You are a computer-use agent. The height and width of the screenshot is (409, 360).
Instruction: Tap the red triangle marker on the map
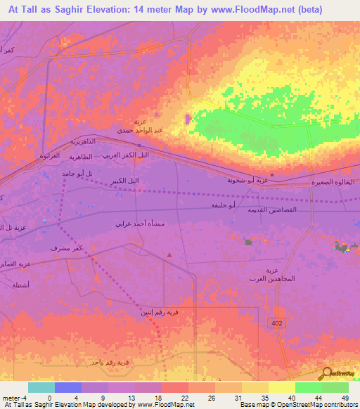point(169,255)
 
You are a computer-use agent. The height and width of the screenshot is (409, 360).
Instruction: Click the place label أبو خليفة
point(223,205)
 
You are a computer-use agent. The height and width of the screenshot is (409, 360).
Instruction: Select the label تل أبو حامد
point(78,173)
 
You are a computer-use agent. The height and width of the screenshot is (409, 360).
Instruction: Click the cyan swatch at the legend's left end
point(41,387)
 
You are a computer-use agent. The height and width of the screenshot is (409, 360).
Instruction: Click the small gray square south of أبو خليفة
point(248,242)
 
